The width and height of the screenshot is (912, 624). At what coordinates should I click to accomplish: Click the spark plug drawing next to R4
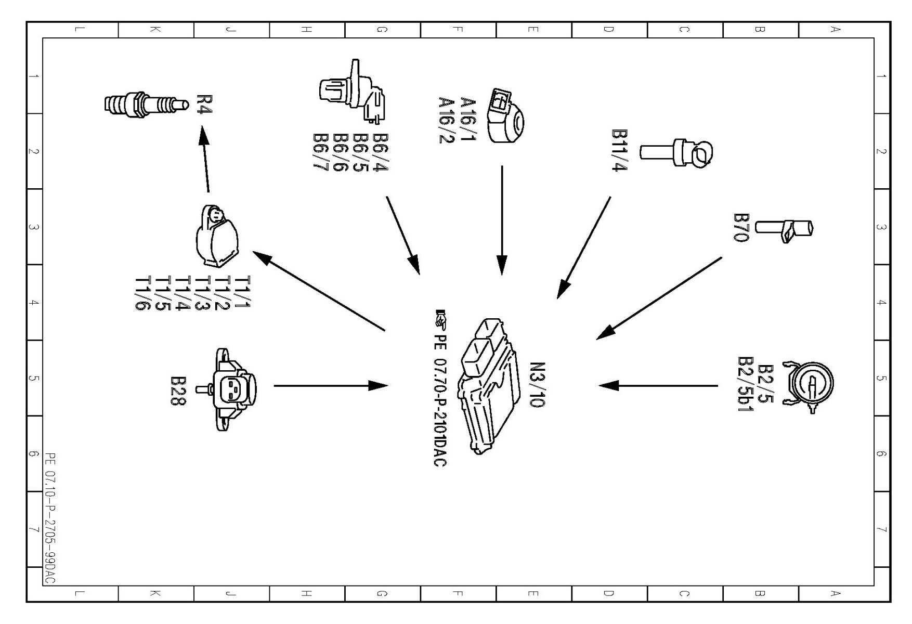pyautogui.click(x=146, y=104)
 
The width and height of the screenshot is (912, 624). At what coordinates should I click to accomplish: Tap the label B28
pyautogui.click(x=178, y=391)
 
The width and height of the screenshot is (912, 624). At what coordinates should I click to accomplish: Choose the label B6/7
pyautogui.click(x=321, y=151)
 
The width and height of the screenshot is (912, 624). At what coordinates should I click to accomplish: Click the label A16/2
pyautogui.click(x=447, y=120)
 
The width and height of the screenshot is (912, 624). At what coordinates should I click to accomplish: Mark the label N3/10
pyautogui.click(x=537, y=384)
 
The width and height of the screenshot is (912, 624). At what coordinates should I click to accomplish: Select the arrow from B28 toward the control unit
pyautogui.click(x=330, y=386)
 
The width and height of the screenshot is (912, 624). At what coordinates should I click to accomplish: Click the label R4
pyautogui.click(x=204, y=104)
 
